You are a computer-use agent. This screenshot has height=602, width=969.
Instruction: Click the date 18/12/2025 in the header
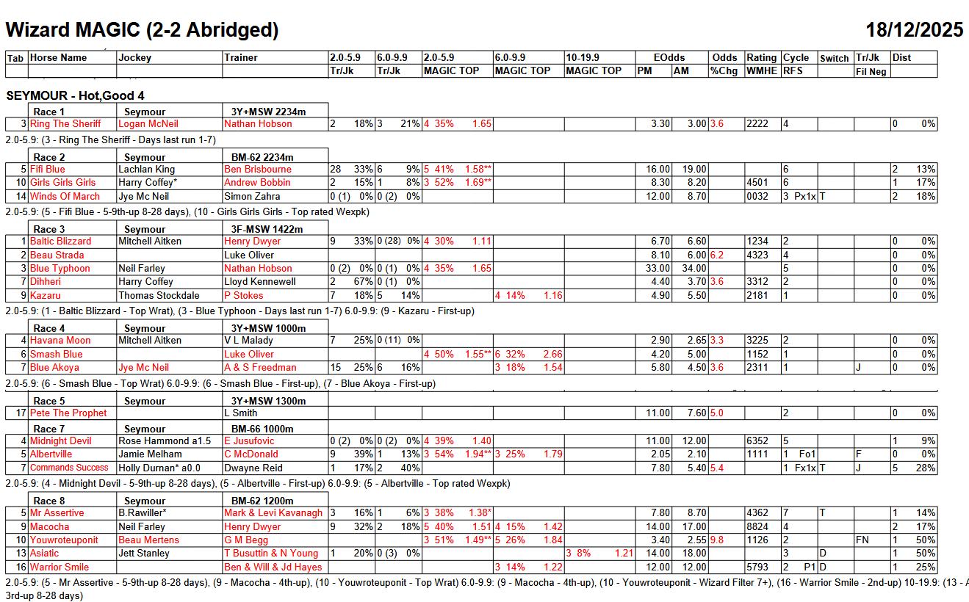[914, 29]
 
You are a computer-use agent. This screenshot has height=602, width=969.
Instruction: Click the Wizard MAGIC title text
[142, 29]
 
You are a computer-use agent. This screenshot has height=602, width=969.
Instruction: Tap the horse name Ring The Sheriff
[65, 124]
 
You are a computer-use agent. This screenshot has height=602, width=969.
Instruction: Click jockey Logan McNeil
[148, 124]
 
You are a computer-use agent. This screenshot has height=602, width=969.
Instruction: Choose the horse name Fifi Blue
[47, 170]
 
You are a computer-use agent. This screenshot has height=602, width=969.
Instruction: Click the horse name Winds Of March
[65, 196]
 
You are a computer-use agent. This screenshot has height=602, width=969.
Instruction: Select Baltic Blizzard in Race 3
[60, 242]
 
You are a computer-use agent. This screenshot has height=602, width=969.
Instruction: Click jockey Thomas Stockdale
[159, 295]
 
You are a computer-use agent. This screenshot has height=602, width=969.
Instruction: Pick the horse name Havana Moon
[60, 341]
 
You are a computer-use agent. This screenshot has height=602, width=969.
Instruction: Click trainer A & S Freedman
[260, 368]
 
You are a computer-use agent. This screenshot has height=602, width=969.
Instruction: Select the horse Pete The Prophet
[68, 413]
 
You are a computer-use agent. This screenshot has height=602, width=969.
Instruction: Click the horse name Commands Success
[69, 468]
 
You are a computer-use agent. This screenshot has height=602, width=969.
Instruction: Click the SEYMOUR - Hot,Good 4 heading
[75, 96]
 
